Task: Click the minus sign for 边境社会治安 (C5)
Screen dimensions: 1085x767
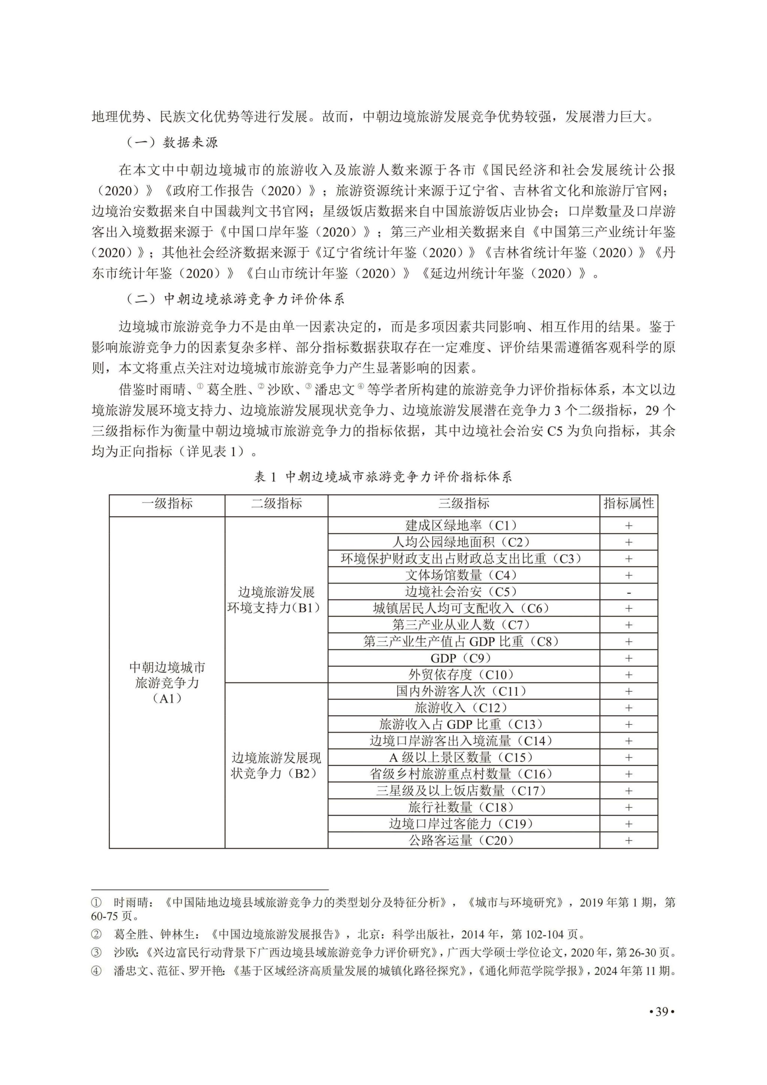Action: click(629, 592)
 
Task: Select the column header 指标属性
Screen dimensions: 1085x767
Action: click(629, 504)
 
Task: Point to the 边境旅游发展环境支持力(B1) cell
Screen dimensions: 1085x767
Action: click(276, 600)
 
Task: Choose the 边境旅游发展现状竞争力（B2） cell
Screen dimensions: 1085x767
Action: click(276, 765)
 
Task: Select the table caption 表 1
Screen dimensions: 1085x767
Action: click(265, 477)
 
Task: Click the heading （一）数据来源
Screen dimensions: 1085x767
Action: click(172, 142)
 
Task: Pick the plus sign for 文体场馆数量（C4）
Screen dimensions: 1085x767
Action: click(629, 575)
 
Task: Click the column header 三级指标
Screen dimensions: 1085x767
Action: click(463, 504)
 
